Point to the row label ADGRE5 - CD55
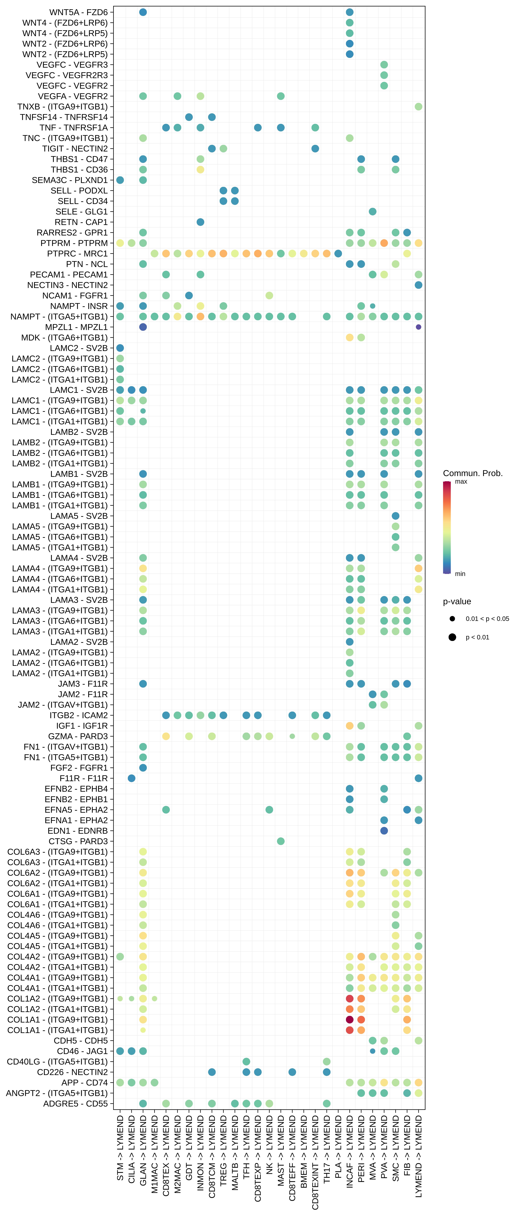75,1104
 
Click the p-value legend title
457,601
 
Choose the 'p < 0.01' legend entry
477,637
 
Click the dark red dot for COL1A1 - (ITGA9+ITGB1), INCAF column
350,1020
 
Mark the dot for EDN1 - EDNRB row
384,831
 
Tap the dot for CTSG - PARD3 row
281,841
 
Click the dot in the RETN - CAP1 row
201,222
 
